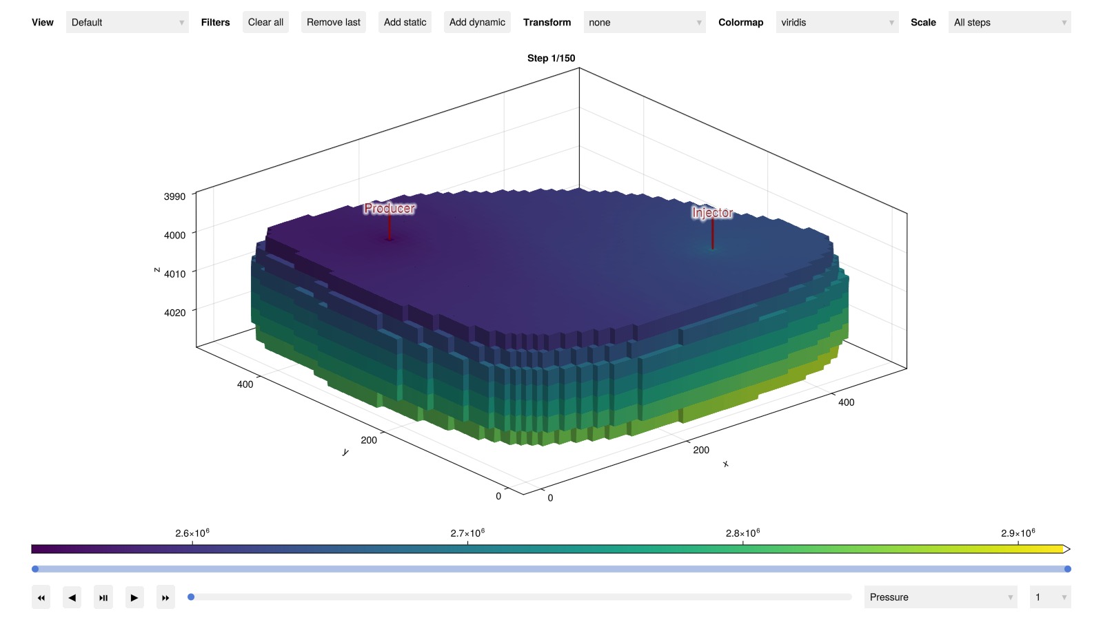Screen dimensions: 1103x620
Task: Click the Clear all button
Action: (x=265, y=22)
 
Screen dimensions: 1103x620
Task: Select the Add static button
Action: (x=405, y=22)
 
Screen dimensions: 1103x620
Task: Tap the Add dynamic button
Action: (x=477, y=22)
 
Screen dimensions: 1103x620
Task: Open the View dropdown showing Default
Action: (x=127, y=22)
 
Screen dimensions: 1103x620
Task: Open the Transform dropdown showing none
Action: (x=645, y=22)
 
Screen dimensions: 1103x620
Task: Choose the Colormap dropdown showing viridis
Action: (x=837, y=22)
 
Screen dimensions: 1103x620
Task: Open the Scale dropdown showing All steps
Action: (x=1009, y=22)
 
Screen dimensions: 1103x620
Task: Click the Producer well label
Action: (x=389, y=209)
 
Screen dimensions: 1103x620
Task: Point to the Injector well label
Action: (x=713, y=213)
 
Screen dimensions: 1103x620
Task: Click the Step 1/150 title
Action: (x=551, y=58)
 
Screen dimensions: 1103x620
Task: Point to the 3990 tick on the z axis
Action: (x=175, y=196)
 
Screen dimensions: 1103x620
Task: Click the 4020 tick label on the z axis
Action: (x=175, y=313)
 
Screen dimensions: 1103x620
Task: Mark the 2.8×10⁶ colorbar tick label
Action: (x=742, y=533)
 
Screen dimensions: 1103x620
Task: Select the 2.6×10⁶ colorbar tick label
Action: (x=192, y=533)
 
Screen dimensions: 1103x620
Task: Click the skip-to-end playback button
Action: (x=165, y=597)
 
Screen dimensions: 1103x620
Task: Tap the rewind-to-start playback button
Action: (x=41, y=597)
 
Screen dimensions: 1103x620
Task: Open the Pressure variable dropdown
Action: (x=940, y=597)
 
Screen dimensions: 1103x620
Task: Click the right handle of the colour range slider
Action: (x=1068, y=569)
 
